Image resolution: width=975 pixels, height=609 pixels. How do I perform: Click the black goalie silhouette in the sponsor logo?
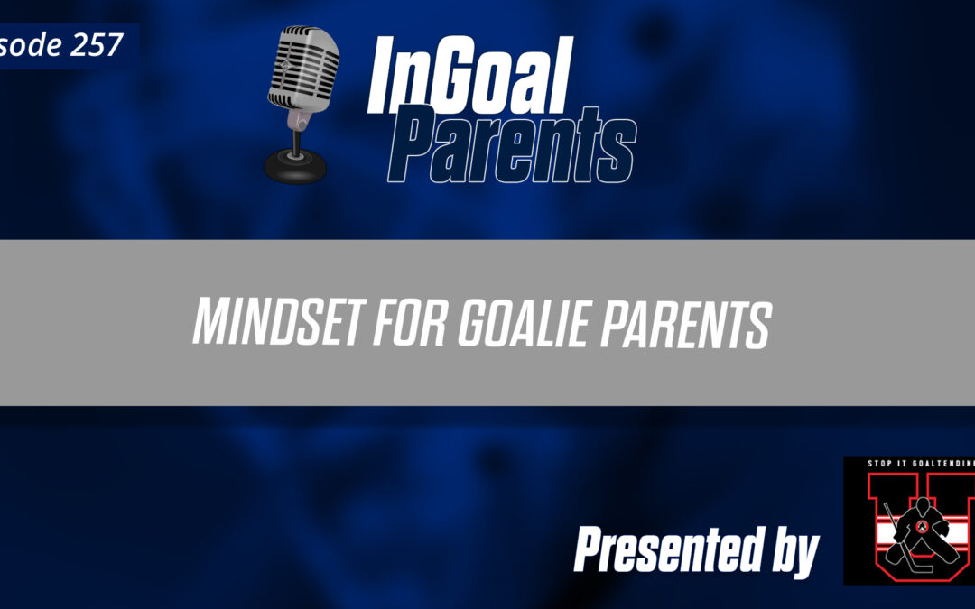tap(907, 531)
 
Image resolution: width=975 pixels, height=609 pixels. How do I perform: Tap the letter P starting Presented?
tap(590, 549)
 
